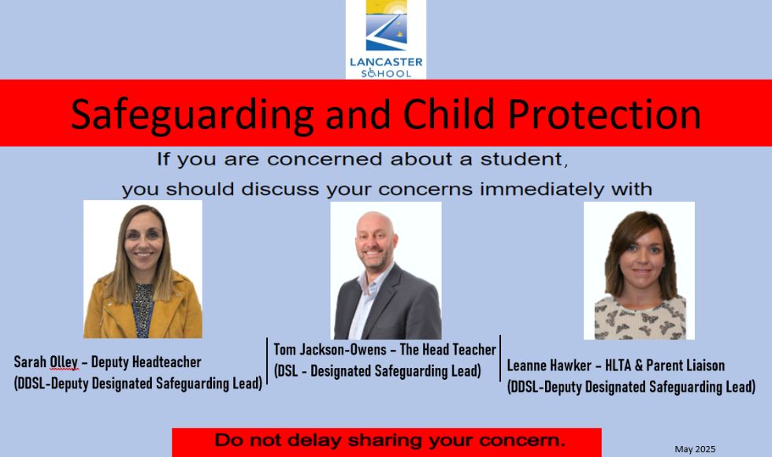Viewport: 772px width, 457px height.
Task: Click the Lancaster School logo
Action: click(386, 39)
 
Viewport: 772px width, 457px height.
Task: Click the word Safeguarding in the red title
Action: click(192, 115)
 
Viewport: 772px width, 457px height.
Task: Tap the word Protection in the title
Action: click(605, 115)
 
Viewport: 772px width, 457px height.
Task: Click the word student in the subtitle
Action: click(524, 159)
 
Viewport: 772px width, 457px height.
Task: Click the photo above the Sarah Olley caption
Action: click(143, 269)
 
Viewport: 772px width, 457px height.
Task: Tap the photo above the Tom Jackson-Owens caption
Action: click(386, 270)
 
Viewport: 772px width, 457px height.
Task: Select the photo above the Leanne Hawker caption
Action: click(639, 270)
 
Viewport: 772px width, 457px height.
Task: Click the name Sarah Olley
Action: click(46, 362)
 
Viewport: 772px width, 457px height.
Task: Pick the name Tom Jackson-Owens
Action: click(330, 350)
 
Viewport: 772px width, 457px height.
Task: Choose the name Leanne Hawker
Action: click(549, 366)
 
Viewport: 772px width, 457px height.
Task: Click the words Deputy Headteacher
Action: click(147, 362)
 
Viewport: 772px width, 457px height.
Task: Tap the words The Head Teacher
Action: click(448, 350)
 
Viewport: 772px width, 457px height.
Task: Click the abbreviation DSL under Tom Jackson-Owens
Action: click(287, 371)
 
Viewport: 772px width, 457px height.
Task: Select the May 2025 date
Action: click(695, 449)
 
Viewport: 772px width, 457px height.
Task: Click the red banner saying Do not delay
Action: click(387, 442)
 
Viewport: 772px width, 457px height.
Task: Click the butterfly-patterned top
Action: click(640, 318)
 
